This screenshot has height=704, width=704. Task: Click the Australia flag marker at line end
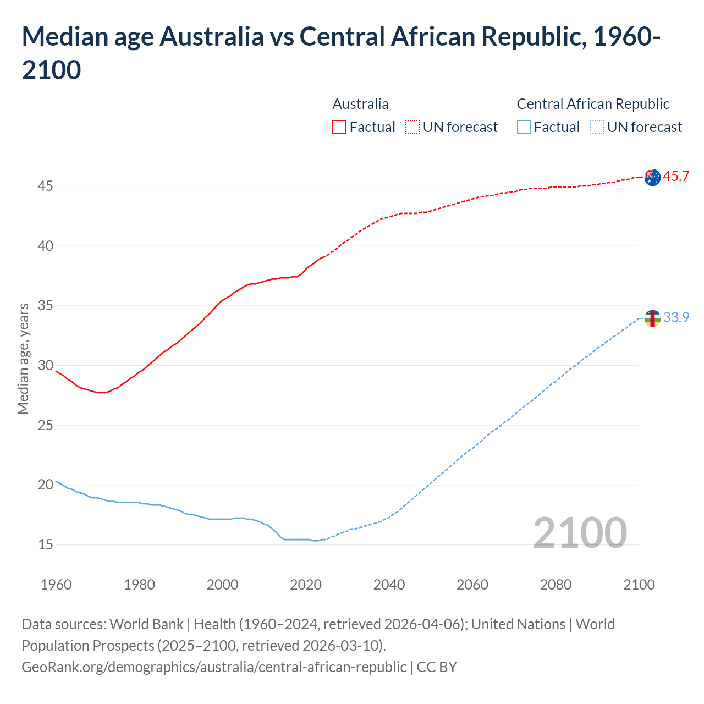652,177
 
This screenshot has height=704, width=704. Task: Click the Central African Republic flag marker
652,318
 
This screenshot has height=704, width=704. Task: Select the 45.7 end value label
676,177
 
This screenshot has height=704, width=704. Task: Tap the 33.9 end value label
676,318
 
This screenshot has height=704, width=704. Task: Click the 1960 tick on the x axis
56,585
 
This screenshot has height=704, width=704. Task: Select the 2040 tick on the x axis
389,585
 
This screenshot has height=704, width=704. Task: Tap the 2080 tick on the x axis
555,585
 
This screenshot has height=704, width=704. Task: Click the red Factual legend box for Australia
339,127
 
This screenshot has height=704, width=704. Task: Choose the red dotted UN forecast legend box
413,127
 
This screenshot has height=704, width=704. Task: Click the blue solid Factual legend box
524,127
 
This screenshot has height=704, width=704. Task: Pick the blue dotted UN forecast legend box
597,127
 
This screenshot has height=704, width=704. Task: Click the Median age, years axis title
23,359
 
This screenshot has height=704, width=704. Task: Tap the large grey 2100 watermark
580,532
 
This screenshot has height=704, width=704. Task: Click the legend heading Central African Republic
593,104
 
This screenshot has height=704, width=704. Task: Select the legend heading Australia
360,104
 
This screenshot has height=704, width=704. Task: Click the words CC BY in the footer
437,667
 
